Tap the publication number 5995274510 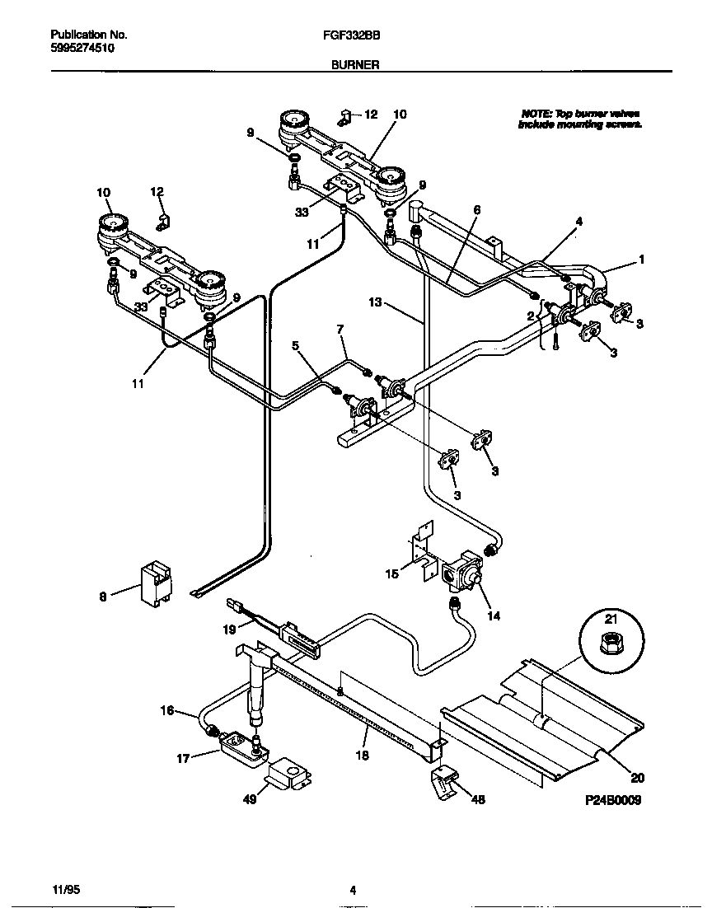82,49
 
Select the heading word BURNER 355,63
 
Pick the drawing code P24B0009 612,800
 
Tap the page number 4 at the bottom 353,890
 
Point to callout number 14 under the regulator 494,615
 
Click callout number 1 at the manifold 641,259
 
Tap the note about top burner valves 580,119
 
